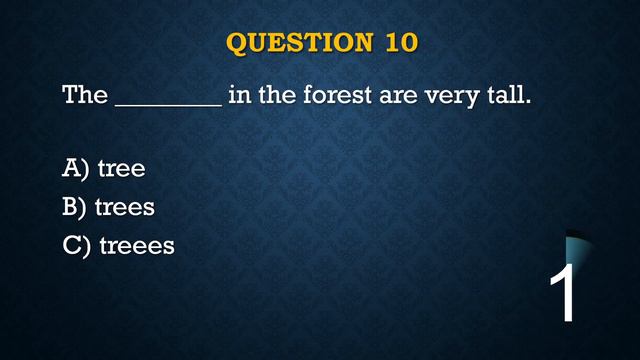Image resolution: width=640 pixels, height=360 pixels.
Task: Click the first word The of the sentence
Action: pyautogui.click(x=85, y=96)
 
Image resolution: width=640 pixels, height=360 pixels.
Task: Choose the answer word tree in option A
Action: pyautogui.click(x=121, y=169)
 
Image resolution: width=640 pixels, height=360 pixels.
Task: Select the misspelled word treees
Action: pyautogui.click(x=137, y=245)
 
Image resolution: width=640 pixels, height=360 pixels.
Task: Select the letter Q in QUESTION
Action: pyautogui.click(x=237, y=44)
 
